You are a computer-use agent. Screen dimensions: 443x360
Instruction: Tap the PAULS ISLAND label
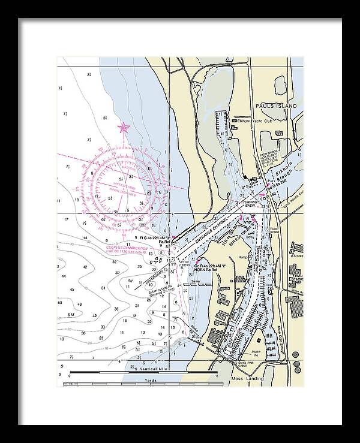(x=275, y=106)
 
